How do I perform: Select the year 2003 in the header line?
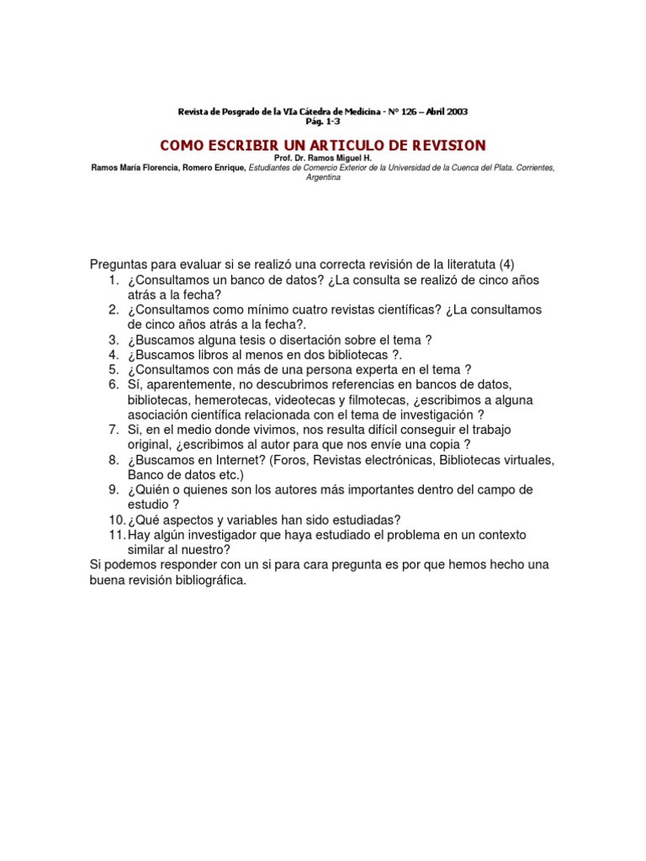point(455,112)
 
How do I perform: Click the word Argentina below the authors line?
point(323,178)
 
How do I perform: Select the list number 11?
point(116,535)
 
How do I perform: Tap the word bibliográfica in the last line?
point(204,580)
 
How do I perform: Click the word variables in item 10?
point(252,520)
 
